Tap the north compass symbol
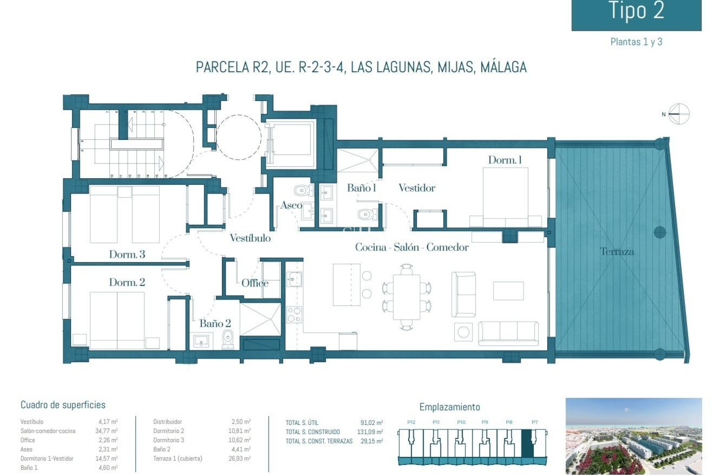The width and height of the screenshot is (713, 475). [678, 114]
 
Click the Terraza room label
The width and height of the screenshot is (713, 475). [617, 252]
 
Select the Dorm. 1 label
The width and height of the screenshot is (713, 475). [505, 160]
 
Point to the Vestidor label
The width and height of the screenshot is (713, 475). [417, 188]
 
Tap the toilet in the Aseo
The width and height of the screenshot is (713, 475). [303, 191]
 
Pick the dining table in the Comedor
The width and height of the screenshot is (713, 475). [407, 297]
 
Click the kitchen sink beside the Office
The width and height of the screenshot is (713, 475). [294, 279]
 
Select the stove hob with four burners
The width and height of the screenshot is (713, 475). [294, 315]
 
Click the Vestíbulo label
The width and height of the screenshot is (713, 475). [250, 238]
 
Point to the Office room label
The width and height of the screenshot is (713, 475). [255, 283]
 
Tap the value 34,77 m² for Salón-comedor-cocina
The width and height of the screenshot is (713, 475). [106, 431]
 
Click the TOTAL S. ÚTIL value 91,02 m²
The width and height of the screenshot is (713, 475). [371, 423]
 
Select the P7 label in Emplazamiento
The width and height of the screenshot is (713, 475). [534, 422]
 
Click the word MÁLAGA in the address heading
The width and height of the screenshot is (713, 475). [503, 67]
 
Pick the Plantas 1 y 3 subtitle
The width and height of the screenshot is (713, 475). [636, 42]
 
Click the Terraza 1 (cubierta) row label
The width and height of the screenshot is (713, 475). [178, 458]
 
